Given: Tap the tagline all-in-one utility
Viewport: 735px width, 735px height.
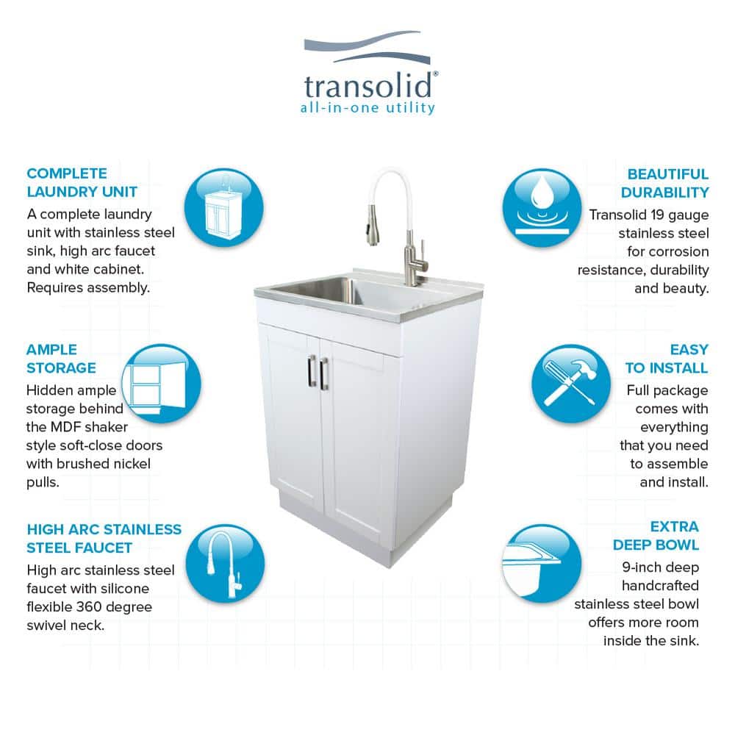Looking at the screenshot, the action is coord(367,108).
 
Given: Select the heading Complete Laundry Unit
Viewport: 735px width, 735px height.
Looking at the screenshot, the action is coord(82,182).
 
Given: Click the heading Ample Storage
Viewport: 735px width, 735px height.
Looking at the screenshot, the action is coord(61,359).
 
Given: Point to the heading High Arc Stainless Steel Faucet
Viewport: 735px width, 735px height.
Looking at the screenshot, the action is coord(104,539).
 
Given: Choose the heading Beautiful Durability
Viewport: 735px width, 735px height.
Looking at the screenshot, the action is coord(664,183).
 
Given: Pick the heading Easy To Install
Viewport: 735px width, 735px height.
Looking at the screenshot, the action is coord(666,359).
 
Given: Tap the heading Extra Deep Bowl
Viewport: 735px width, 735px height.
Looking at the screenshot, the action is coord(656,535).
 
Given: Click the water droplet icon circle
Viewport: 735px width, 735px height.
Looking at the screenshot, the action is coord(542,208).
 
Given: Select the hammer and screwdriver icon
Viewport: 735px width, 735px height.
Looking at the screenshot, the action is coord(571,384).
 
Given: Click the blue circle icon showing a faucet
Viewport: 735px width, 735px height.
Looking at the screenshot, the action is coord(225,563).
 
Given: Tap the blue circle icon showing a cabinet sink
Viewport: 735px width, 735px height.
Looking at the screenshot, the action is coord(223,208).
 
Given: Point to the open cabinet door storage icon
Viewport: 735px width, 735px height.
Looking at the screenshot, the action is coord(161,384).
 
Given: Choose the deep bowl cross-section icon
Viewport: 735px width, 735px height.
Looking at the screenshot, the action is coord(542,563).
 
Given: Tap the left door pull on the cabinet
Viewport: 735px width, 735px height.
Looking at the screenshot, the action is coord(312,372).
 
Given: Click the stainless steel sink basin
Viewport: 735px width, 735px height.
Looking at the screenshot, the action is coord(323,289).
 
